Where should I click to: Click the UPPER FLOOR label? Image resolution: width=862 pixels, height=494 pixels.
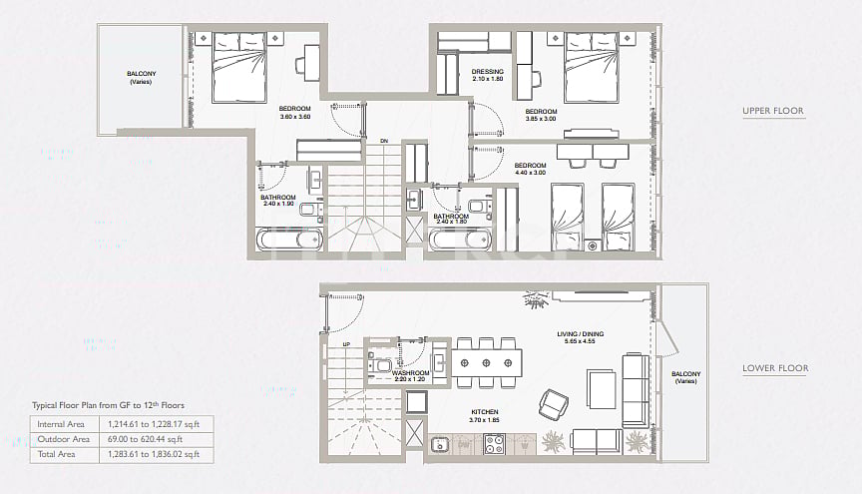pyautogui.click(x=772, y=111)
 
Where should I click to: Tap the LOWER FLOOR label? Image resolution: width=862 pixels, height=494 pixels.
pyautogui.click(x=774, y=368)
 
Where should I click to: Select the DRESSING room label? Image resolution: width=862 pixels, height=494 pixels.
pyautogui.click(x=488, y=72)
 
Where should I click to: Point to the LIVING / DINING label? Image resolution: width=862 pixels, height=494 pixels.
pyautogui.click(x=581, y=335)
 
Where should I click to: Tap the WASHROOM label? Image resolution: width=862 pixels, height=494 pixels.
pyautogui.click(x=410, y=372)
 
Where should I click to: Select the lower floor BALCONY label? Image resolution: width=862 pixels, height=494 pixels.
pyautogui.click(x=685, y=374)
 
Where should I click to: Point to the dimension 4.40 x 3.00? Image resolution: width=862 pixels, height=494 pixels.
pyautogui.click(x=531, y=173)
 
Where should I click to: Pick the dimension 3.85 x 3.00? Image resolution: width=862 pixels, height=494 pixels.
pyautogui.click(x=541, y=119)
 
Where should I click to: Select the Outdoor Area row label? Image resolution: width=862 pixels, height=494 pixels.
pyautogui.click(x=62, y=439)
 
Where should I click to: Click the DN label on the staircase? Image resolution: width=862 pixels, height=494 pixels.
pyautogui.click(x=384, y=141)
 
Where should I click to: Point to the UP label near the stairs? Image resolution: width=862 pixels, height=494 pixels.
pyautogui.click(x=346, y=345)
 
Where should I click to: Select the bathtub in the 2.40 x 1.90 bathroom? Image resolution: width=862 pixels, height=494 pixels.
pyautogui.click(x=290, y=240)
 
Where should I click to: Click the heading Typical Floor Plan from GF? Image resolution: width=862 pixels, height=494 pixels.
pyautogui.click(x=108, y=405)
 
